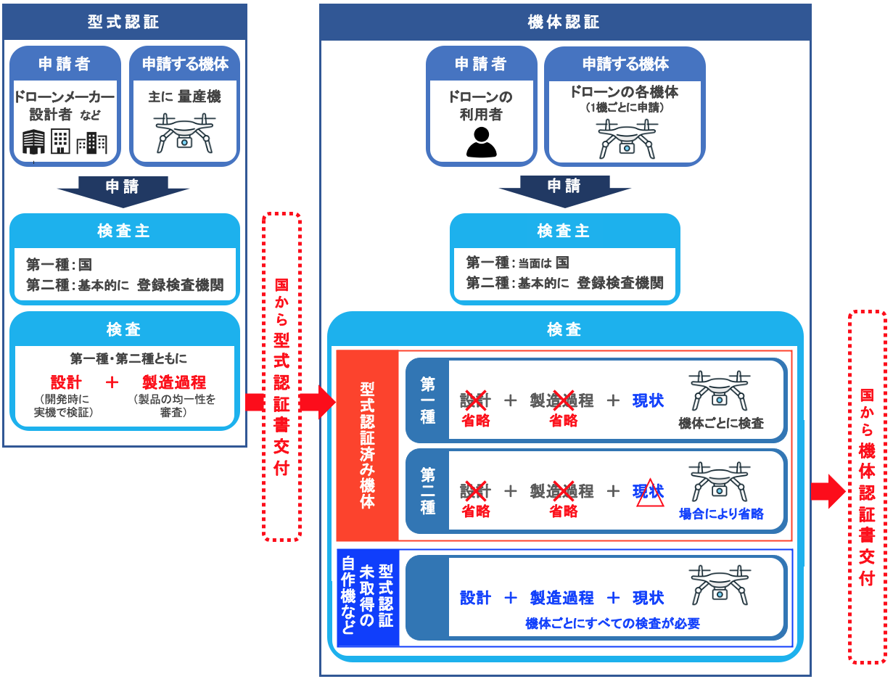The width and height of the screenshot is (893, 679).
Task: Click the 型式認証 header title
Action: (x=123, y=22)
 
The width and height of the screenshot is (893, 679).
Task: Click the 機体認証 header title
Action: (x=564, y=22)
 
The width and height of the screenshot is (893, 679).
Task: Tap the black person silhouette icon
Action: (x=481, y=142)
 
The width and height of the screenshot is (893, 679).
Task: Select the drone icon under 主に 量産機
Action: (x=184, y=133)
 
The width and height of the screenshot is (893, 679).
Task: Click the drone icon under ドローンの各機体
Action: (x=627, y=139)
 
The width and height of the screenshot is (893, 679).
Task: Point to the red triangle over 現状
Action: (x=650, y=493)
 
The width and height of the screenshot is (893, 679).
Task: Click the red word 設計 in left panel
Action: (x=66, y=382)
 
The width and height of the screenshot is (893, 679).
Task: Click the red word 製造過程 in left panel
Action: (x=174, y=382)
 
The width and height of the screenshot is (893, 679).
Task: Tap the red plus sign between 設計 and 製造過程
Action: (x=112, y=382)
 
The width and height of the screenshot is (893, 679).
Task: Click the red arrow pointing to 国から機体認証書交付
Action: (x=828, y=491)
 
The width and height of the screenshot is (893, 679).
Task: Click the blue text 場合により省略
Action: (x=721, y=514)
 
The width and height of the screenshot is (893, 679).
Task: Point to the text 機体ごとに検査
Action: (x=721, y=423)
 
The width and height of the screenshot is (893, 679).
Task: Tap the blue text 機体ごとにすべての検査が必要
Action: (x=612, y=623)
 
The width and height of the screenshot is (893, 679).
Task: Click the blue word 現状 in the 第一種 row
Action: (x=648, y=400)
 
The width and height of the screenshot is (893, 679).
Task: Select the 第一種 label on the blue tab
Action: (x=427, y=400)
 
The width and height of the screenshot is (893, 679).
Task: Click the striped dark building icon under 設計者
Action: (x=34, y=141)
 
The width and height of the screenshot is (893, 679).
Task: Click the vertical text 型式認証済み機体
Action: (x=367, y=445)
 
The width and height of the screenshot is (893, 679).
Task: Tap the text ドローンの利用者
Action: (x=480, y=106)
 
